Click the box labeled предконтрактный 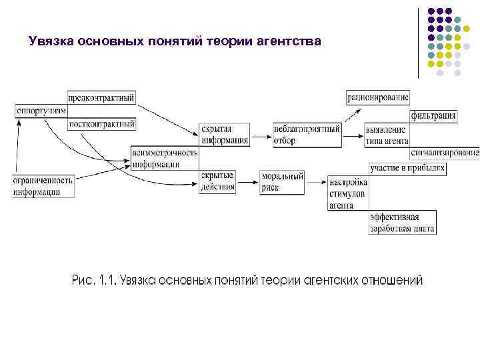click(x=101, y=97)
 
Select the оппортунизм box click(x=41, y=111)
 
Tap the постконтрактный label click(x=102, y=123)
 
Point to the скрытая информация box click(x=225, y=135)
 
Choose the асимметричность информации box click(x=165, y=158)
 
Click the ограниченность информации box click(x=42, y=185)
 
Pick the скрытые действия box click(x=217, y=181)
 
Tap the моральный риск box click(x=282, y=182)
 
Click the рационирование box click(x=378, y=98)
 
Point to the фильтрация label click(x=433, y=116)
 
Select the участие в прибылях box click(x=407, y=169)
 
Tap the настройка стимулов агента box click(x=347, y=193)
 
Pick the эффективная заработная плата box click(x=402, y=223)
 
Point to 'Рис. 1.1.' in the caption click(x=93, y=280)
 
